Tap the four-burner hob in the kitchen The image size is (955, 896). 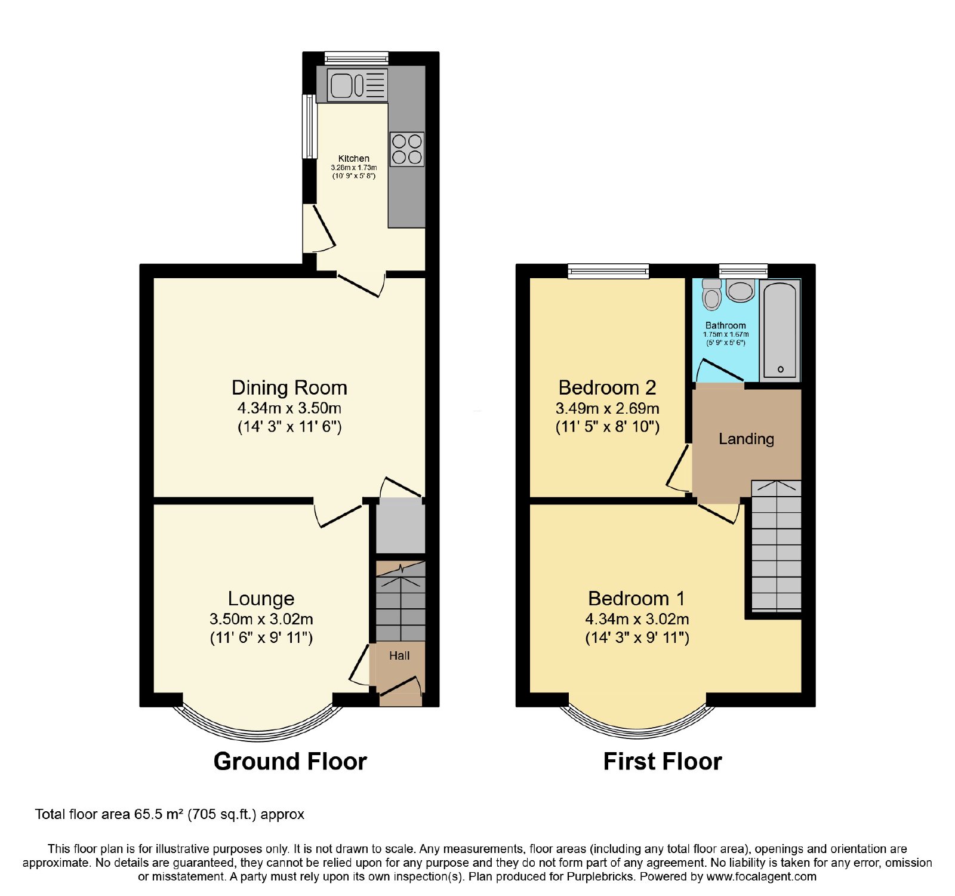click(407, 149)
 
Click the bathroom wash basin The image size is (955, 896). click(741, 291)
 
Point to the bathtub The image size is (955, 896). click(780, 330)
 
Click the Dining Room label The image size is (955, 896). click(289, 388)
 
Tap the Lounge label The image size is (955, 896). click(261, 599)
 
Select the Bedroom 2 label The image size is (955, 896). click(607, 388)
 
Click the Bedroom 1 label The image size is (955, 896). click(636, 599)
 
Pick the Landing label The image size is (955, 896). click(746, 439)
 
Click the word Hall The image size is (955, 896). click(399, 655)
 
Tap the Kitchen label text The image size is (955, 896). click(354, 159)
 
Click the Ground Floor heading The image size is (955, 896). click(290, 762)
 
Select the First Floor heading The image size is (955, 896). click(663, 762)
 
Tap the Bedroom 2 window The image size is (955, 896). click(608, 272)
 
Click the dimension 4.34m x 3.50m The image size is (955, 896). click(289, 408)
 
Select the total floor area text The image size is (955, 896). click(170, 814)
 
